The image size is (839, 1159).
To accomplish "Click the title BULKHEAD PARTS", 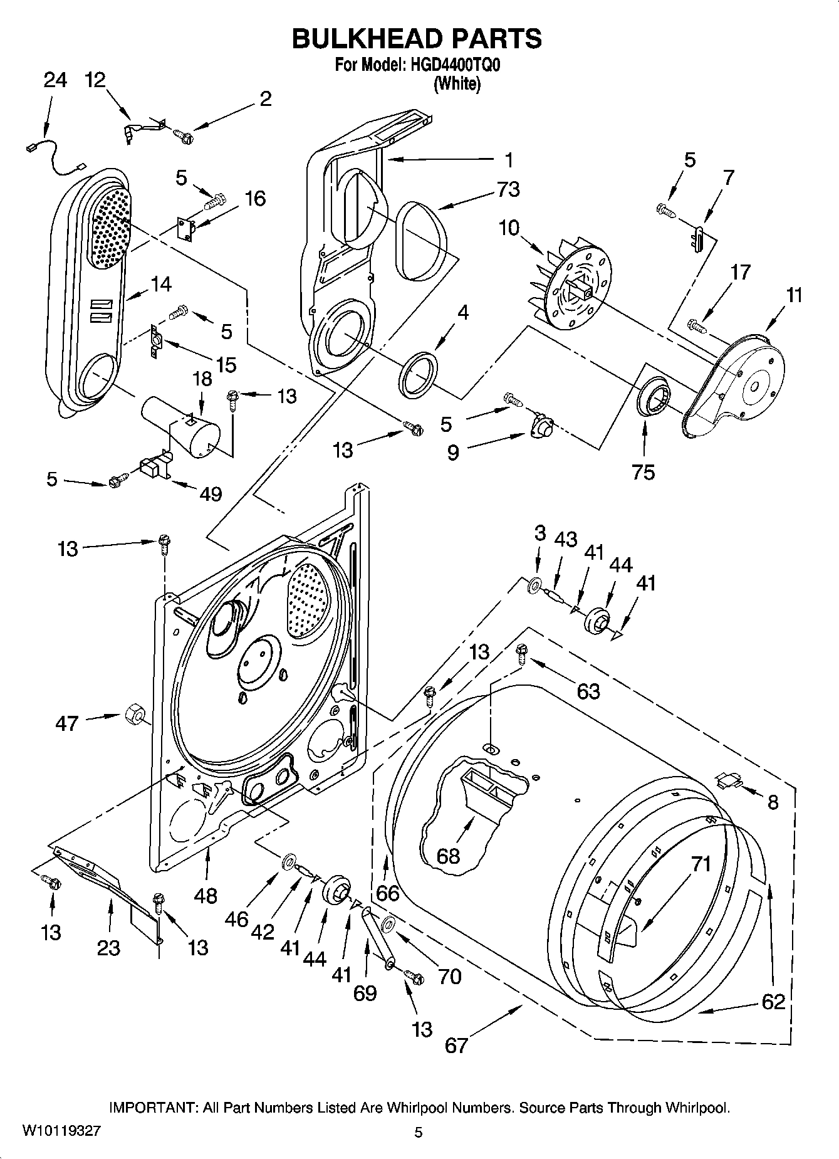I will tap(417, 39).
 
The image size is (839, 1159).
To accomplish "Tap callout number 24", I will tap(55, 80).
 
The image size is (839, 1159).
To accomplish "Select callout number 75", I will tap(644, 472).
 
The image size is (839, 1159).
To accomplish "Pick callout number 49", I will tap(211, 493).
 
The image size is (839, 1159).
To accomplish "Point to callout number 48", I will tap(206, 895).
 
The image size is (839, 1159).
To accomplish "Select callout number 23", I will tap(108, 947).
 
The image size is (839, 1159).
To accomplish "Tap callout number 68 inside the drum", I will tap(449, 855).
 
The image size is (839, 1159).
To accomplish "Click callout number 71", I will tap(701, 864).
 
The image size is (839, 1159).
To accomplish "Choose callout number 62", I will tap(773, 1001).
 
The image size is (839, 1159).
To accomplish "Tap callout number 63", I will tap(588, 691).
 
